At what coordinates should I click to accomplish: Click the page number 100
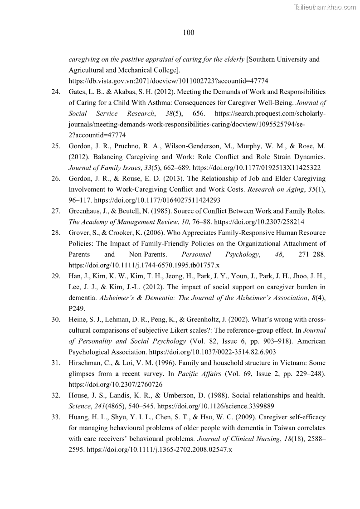point(189,32)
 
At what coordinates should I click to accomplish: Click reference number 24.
point(56,92)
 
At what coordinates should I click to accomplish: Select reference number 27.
point(56,211)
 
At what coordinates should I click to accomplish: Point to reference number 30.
point(56,320)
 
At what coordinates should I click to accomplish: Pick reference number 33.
point(56,417)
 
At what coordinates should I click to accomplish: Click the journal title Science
point(80,406)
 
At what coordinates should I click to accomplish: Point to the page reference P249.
point(77,309)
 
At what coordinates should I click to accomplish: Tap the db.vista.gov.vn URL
point(168,81)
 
